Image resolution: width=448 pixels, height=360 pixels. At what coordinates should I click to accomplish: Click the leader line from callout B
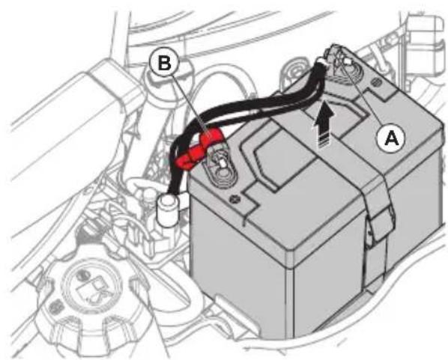click(189, 105)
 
